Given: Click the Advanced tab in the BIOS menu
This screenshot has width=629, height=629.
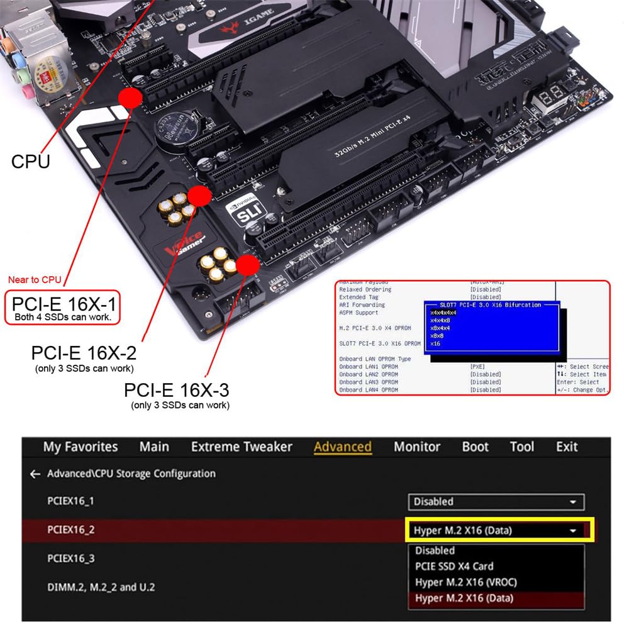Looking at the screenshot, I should coord(342,447).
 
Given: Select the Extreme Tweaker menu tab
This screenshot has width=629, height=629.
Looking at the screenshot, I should coord(242,447).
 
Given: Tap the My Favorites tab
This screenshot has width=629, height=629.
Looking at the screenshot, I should coord(81,447).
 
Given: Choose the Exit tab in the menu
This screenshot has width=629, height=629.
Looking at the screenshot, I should coord(567,447).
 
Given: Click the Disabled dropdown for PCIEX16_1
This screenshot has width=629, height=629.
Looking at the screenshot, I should coord(496,502).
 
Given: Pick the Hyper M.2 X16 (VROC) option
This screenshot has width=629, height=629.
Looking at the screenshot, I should coord(465,582).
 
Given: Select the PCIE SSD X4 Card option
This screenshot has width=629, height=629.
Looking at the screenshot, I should coord(454,566).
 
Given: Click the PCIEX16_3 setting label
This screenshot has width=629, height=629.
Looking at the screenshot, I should coord(70,558).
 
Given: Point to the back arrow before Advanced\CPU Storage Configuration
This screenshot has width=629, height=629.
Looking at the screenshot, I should coord(35,474).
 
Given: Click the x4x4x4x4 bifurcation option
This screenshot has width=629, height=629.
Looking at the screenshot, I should coord(443,313).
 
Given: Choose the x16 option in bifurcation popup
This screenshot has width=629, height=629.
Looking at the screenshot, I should coord(435,343).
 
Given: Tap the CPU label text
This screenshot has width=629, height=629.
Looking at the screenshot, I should coord(30,161).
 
